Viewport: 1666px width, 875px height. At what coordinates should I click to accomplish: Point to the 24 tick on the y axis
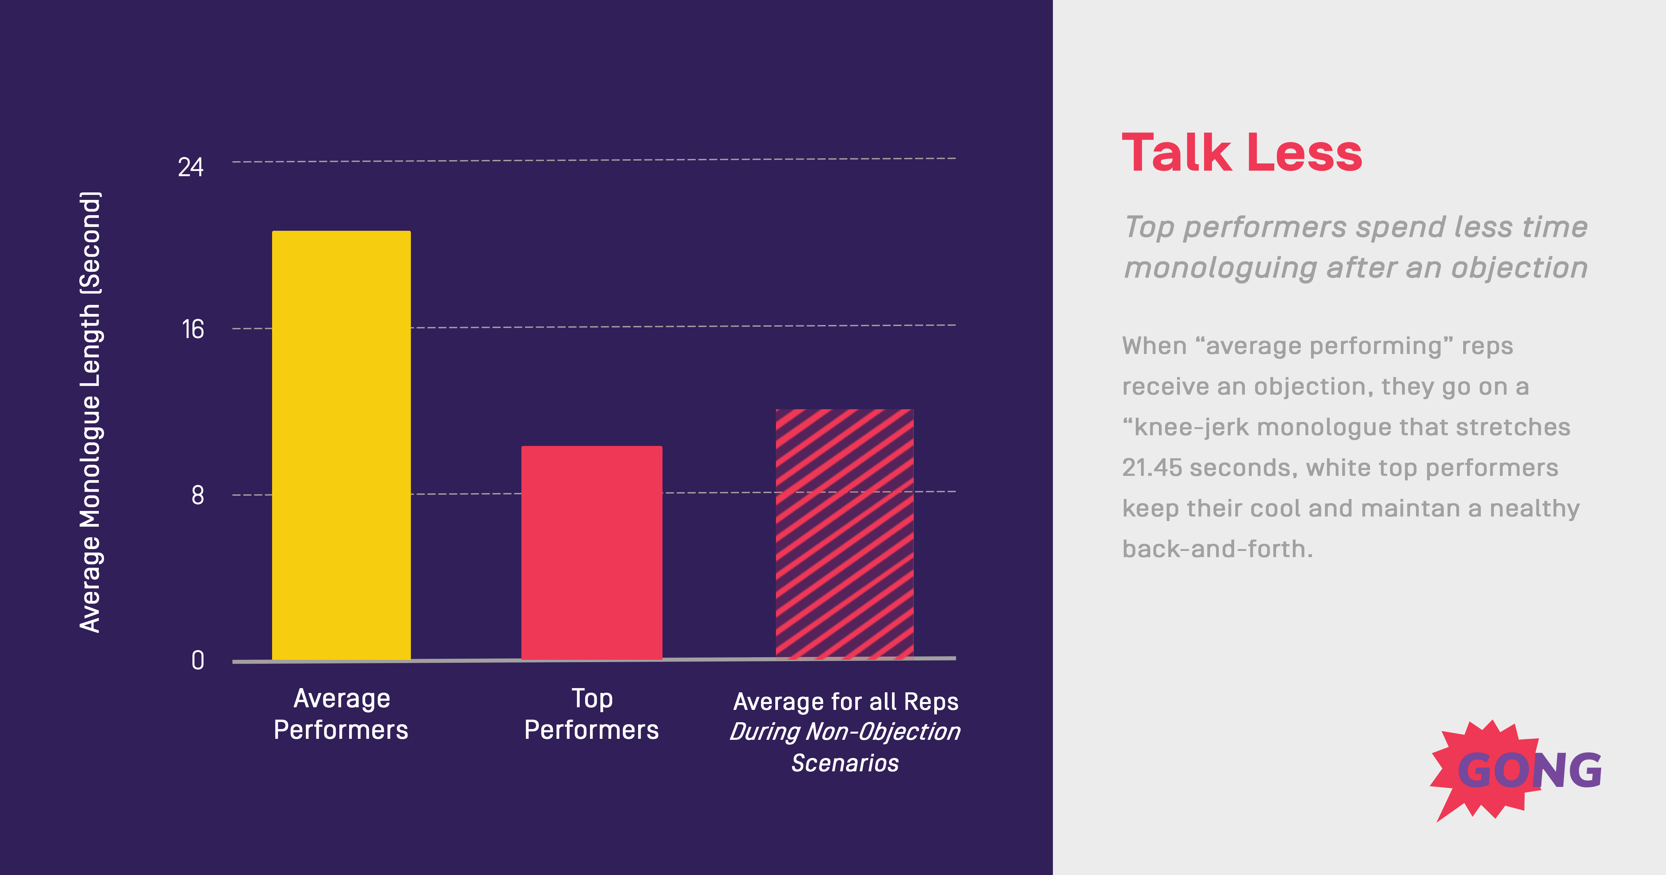[191, 167]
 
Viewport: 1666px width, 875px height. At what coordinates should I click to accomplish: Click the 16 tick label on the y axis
[193, 330]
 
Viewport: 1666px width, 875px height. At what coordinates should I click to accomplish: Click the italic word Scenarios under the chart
[845, 763]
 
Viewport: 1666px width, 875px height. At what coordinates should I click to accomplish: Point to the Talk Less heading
[1242, 153]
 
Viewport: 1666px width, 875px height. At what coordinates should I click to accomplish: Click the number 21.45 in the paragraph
[1152, 468]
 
